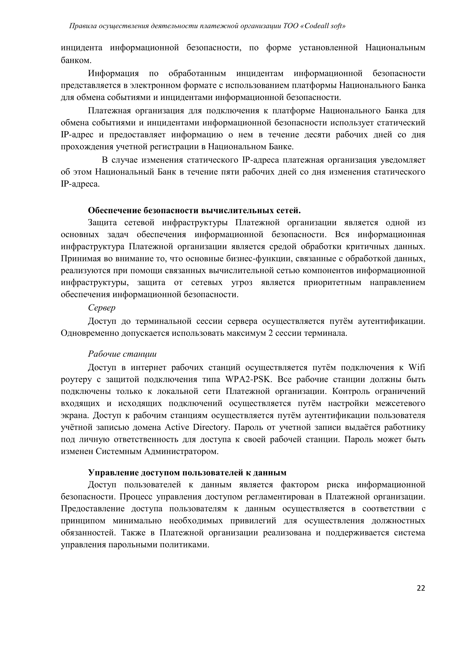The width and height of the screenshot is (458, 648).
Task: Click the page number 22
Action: pos(421,588)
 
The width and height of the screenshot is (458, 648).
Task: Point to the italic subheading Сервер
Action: pos(102,307)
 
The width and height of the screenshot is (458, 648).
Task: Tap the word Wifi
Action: pos(416,367)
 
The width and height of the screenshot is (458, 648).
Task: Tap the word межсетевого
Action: pos(400,403)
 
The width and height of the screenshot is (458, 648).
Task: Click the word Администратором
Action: pos(181,451)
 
